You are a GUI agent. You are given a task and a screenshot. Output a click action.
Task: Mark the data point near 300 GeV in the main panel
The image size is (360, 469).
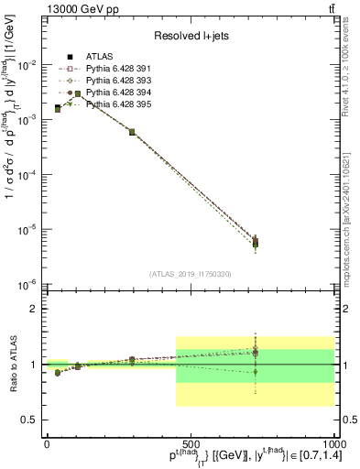(x=132, y=132)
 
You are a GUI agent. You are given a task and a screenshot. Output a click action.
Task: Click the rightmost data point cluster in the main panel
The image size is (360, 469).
(x=256, y=243)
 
